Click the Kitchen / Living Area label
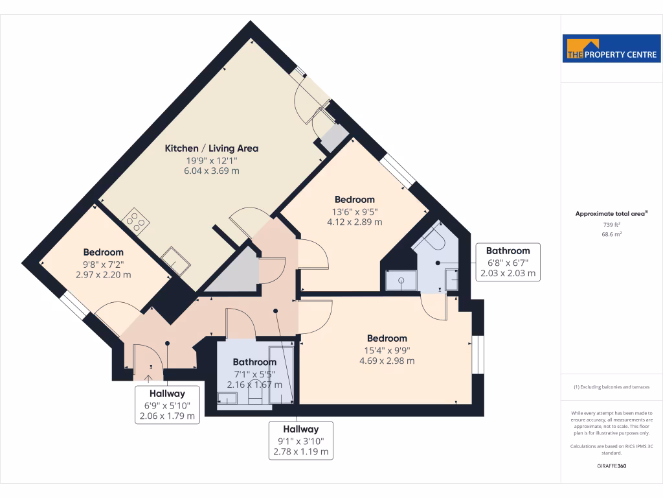(211, 148)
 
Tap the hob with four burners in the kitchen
(137, 220)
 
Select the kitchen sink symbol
(175, 259)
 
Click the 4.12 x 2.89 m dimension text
(354, 222)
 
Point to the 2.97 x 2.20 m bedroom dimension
(103, 274)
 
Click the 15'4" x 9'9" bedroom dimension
(387, 350)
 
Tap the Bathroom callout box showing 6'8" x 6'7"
(508, 262)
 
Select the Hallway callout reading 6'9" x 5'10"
(167, 405)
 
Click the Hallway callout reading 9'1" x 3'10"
(300, 440)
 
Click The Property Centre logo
(612, 49)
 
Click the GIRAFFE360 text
(612, 466)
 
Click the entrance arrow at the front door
(148, 378)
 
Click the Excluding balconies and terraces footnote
(612, 387)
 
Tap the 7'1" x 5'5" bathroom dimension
(254, 373)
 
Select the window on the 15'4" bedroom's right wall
(478, 355)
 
